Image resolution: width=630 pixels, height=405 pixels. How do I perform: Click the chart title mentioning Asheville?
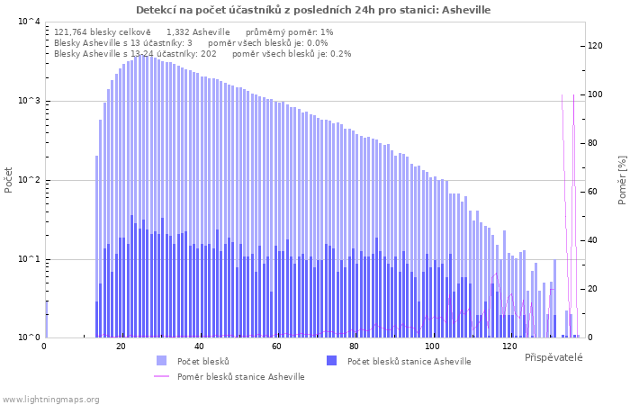coord(313,10)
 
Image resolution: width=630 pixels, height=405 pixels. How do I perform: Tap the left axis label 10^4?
coord(30,22)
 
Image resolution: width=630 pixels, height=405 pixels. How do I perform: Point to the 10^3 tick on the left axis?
coord(30,101)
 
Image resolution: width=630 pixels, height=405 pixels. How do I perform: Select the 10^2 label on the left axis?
coord(30,180)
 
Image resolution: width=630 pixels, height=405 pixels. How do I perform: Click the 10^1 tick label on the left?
coord(30,259)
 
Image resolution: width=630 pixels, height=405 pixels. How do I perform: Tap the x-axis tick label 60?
coord(276,346)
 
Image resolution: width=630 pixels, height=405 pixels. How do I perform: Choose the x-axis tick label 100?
coord(431,346)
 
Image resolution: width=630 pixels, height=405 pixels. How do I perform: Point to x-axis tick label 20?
coord(121,346)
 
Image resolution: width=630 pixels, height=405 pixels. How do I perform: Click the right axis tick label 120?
coord(595,46)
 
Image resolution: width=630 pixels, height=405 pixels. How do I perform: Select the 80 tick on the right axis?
coord(592,143)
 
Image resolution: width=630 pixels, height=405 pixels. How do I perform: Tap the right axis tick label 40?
coord(592,240)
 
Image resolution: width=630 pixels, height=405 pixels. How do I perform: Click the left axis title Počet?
coord(8,180)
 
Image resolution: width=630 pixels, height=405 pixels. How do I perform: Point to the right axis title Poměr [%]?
coord(622,180)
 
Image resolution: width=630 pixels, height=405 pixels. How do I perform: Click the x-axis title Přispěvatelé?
coord(553,357)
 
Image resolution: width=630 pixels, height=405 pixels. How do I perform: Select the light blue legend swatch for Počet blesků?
coord(161,360)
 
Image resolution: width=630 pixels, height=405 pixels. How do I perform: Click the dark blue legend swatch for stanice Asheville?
coord(332,360)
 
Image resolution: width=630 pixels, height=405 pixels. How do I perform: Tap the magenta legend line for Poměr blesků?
coord(161,376)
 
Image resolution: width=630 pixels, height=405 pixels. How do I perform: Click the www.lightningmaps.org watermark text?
coord(50,400)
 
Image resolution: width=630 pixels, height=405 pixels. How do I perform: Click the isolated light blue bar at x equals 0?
coord(46,319)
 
